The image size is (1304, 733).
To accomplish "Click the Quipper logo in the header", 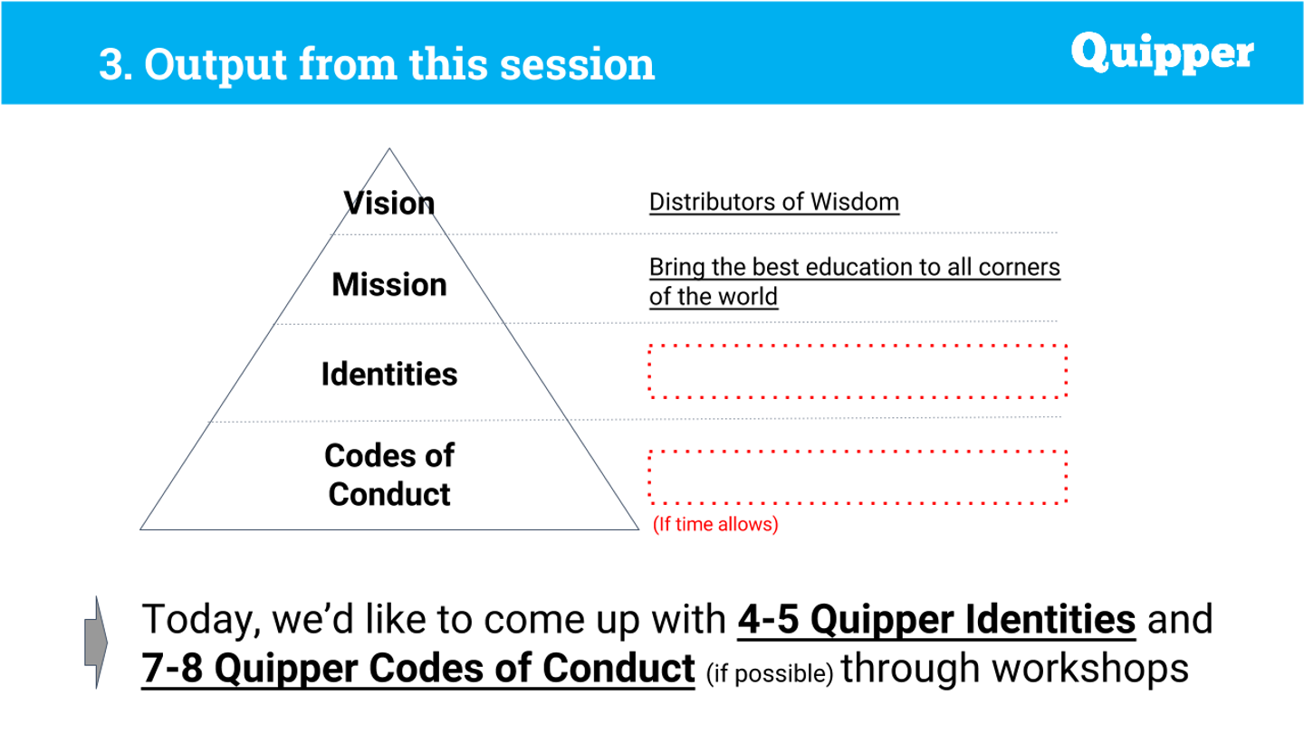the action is [x=1162, y=52].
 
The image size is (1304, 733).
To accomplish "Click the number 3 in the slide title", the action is [x=110, y=64].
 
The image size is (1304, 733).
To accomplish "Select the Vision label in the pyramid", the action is [x=388, y=203].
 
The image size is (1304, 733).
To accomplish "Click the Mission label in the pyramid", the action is [x=389, y=284].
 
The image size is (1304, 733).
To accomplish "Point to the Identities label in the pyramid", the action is [x=389, y=374].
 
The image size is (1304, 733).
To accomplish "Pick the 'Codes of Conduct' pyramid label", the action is [x=389, y=475].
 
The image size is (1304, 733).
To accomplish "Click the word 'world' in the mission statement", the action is [x=747, y=297].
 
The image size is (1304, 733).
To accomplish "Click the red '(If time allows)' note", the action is [x=715, y=524].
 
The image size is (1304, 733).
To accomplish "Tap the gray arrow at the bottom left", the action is [x=96, y=643].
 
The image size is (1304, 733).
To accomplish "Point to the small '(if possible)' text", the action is [x=770, y=673].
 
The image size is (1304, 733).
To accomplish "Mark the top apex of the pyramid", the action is [x=389, y=149].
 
